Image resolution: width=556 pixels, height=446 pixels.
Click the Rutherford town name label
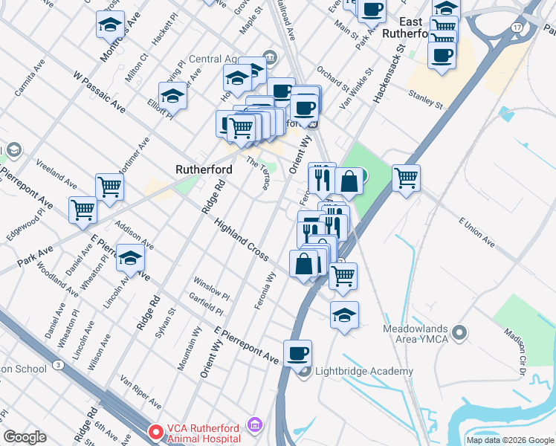[x=203, y=169]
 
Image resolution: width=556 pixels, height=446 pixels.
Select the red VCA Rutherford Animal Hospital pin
[x=156, y=431]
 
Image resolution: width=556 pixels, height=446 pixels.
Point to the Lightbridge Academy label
[x=364, y=372]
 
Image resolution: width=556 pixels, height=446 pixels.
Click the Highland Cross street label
[x=241, y=239]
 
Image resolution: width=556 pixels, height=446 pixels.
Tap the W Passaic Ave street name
[x=99, y=91]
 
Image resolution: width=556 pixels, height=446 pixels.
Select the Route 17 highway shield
[x=516, y=28]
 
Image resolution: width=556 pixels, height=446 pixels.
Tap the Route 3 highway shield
[x=57, y=364]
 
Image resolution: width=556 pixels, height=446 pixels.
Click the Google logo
[x=25, y=437]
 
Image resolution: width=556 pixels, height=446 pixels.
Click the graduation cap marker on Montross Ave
[x=111, y=25]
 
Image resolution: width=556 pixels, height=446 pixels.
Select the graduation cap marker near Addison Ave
[x=131, y=259]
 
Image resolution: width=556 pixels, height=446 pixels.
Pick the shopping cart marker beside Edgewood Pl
[x=83, y=209]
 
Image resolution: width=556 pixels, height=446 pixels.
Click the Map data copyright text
[x=510, y=440]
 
